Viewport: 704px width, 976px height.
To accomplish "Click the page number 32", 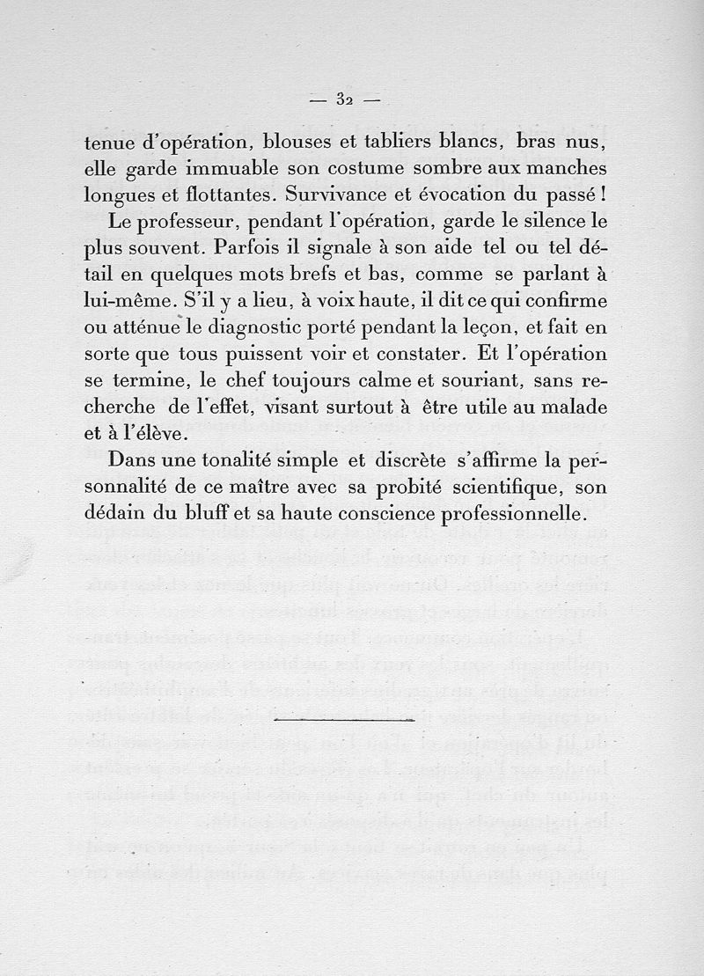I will click(344, 99).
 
